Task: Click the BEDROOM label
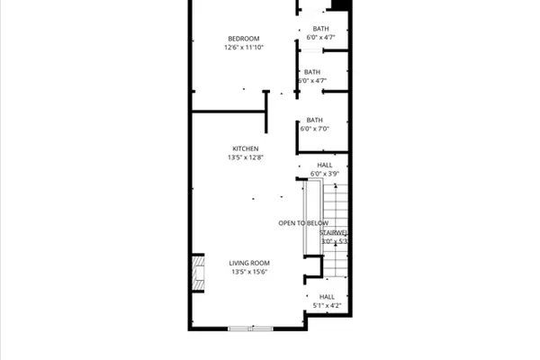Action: pos(244,38)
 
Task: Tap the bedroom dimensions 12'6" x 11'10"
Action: pos(244,47)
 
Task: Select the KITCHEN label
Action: pos(246,148)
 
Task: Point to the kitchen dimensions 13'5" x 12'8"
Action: pos(246,157)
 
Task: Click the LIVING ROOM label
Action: pos(250,263)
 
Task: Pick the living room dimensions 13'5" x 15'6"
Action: pos(250,272)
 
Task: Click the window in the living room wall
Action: pos(250,328)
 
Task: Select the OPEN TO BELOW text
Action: pos(303,223)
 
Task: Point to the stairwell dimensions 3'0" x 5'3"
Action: pos(335,241)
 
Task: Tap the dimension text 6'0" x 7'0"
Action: pos(315,129)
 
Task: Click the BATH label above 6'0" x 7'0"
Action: pos(315,120)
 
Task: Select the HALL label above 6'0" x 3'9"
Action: pos(325,165)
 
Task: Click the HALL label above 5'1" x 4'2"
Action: pos(327,296)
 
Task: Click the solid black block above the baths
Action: pos(340,4)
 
